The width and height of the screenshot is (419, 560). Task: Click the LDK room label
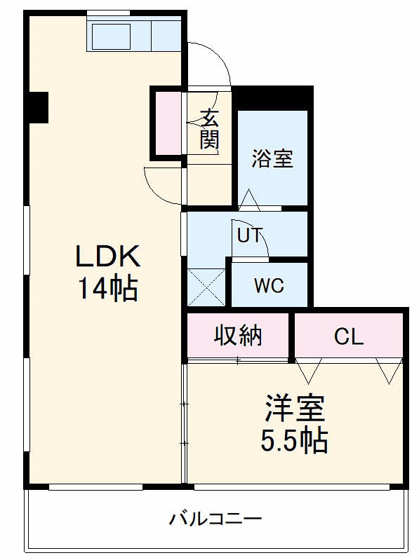click(x=109, y=257)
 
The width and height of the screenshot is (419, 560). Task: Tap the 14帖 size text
click(x=109, y=288)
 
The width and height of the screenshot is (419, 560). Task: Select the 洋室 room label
click(x=294, y=408)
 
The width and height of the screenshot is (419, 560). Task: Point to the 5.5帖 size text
click(x=294, y=440)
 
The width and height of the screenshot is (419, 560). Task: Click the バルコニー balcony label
click(x=215, y=520)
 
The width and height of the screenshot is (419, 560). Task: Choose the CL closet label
click(x=349, y=337)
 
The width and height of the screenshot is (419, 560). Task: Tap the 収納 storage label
click(x=238, y=336)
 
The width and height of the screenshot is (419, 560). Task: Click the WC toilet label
click(x=269, y=286)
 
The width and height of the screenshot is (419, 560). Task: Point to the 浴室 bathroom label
click(x=272, y=158)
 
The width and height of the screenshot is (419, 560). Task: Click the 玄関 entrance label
click(x=209, y=129)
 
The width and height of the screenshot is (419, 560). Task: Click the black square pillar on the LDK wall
click(x=37, y=107)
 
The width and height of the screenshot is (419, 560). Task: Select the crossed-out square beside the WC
click(x=206, y=287)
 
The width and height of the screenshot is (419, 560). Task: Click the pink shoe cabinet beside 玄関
click(x=167, y=123)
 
